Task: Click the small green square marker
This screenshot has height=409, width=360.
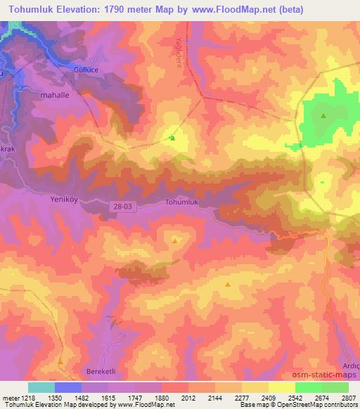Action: point(172,138)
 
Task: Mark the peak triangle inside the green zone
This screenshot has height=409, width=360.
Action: point(323,116)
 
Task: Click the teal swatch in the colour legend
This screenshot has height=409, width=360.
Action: point(41,387)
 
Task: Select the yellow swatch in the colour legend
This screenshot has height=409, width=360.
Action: point(281,387)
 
